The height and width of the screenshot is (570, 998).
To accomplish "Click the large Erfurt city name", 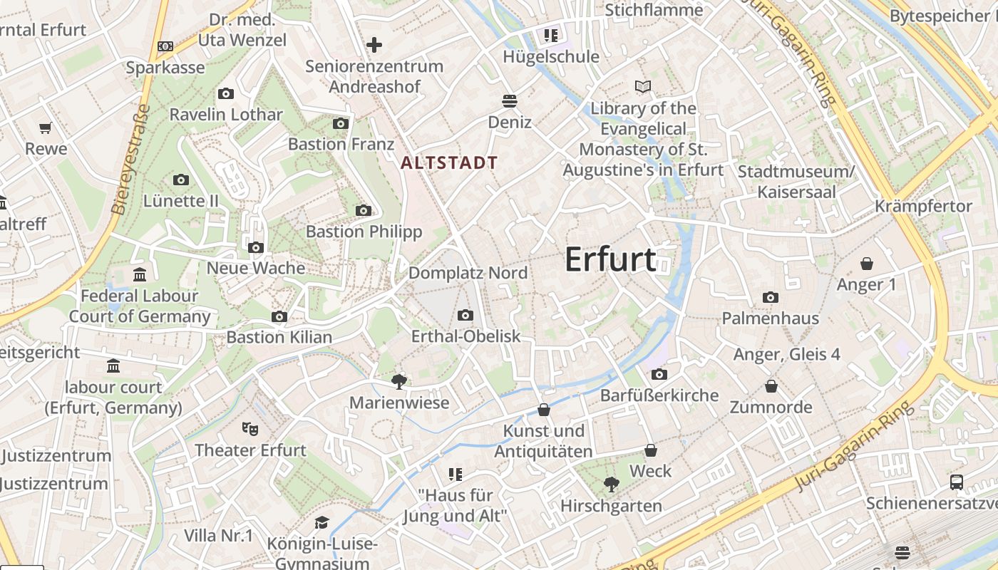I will pyautogui.click(x=610, y=259).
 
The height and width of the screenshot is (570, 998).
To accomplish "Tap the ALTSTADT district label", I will pyautogui.click(x=449, y=162).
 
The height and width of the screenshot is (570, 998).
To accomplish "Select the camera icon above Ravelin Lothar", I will pyautogui.click(x=226, y=93).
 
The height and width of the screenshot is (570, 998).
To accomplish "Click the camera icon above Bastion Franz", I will pyautogui.click(x=341, y=123).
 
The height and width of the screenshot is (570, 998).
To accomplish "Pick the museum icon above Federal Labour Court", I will pyautogui.click(x=140, y=274).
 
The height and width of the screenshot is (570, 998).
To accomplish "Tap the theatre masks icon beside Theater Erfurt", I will pyautogui.click(x=249, y=428).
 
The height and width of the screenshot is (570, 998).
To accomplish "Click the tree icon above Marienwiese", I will pyautogui.click(x=399, y=382).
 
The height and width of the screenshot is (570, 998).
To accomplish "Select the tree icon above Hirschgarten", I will pyautogui.click(x=611, y=484).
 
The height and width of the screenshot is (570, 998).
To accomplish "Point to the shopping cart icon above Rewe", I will pyautogui.click(x=46, y=128).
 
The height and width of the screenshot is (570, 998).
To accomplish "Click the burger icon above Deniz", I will pyautogui.click(x=509, y=100).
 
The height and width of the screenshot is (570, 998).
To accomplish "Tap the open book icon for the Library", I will pyautogui.click(x=643, y=87).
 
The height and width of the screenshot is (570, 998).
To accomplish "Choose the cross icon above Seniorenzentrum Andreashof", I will pyautogui.click(x=374, y=45).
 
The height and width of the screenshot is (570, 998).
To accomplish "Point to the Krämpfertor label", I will pyautogui.click(x=923, y=207).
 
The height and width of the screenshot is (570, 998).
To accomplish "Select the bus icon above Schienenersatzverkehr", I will pyautogui.click(x=957, y=482).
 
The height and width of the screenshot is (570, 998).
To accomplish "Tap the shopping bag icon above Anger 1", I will pyautogui.click(x=867, y=264).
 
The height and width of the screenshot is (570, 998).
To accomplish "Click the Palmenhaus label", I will pyautogui.click(x=771, y=318).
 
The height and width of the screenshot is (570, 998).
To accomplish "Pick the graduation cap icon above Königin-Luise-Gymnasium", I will pyautogui.click(x=321, y=522).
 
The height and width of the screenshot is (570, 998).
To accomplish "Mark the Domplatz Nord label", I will pyautogui.click(x=468, y=273).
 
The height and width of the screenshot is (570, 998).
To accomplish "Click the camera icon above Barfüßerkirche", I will pyautogui.click(x=659, y=374).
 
